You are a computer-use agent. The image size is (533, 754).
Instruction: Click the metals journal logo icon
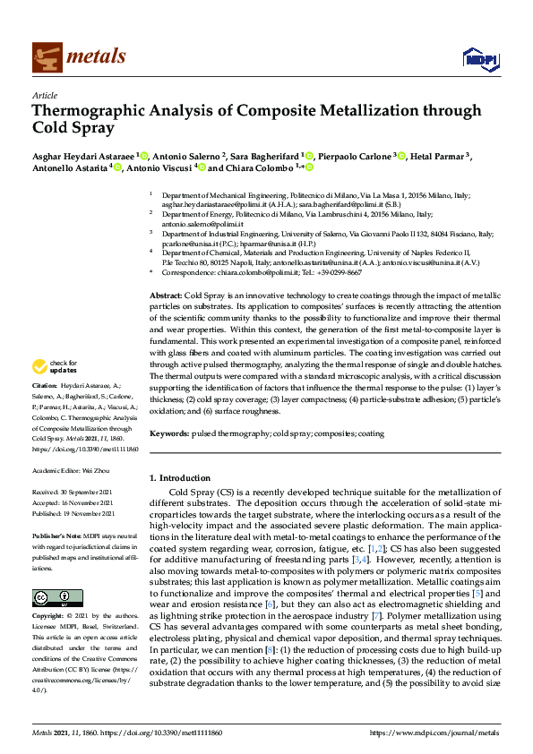click(46, 57)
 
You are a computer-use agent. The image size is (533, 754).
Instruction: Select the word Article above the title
click(44, 95)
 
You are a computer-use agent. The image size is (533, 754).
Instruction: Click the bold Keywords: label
click(170, 433)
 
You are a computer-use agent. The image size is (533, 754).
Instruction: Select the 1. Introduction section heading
click(183, 478)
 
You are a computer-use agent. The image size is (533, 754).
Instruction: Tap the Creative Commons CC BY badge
click(51, 596)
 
